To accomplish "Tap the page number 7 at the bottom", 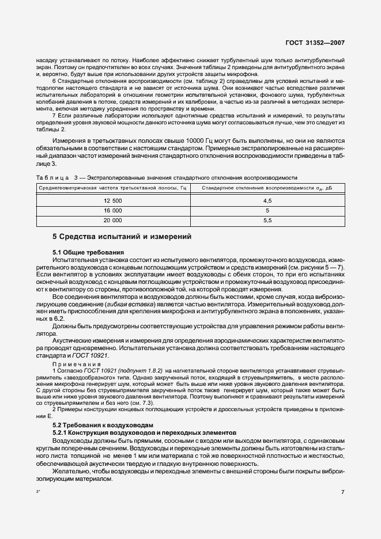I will (342, 492).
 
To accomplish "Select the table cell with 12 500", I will (112, 200).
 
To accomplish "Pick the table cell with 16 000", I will (112, 210).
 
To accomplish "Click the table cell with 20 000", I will (112, 221).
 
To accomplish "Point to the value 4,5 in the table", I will (267, 200).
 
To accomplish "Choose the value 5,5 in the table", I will (267, 221).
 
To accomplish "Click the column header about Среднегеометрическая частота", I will (112, 188).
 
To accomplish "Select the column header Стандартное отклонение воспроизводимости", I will (267, 188).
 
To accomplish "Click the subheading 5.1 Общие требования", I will (88, 252).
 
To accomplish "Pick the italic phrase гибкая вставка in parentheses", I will (187, 303).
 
